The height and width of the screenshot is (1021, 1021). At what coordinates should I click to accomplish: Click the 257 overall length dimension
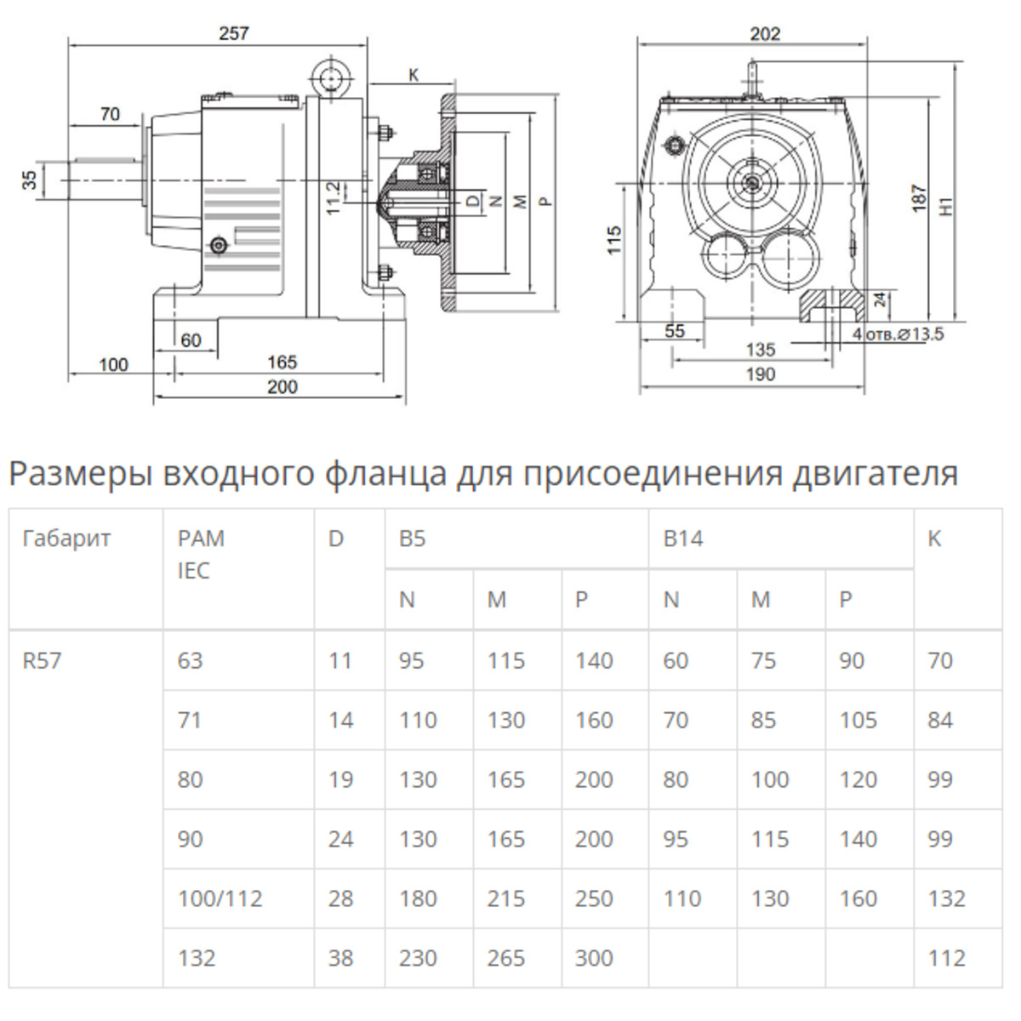(234, 33)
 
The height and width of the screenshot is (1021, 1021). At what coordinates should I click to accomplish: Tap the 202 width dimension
(765, 34)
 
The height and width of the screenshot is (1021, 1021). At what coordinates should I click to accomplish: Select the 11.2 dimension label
(333, 197)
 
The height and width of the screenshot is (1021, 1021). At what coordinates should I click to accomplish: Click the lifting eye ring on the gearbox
(330, 79)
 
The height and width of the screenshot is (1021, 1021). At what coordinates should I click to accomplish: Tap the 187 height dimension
(918, 197)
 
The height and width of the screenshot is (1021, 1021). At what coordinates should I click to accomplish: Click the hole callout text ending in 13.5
(898, 334)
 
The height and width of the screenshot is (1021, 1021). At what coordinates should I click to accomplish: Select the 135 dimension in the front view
(760, 349)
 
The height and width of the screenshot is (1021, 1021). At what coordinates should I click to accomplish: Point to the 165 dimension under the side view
(282, 362)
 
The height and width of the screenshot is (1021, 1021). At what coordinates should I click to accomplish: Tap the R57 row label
(42, 660)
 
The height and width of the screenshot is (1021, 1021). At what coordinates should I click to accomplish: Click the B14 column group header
(683, 539)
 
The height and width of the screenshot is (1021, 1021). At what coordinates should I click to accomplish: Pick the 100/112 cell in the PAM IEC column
(220, 898)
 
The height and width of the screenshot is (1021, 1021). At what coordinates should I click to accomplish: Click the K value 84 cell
(940, 720)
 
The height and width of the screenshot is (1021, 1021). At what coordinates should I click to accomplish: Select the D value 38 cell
(340, 958)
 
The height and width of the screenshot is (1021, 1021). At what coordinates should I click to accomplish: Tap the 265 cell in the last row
(505, 958)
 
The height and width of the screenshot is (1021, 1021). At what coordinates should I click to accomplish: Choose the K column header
(934, 539)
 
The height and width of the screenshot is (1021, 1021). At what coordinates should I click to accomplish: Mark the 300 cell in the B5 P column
(593, 958)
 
